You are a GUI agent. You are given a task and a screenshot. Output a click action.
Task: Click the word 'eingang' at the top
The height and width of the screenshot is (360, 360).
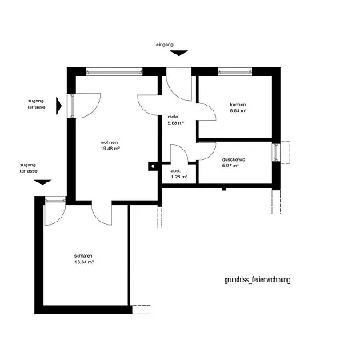click(x=165, y=45)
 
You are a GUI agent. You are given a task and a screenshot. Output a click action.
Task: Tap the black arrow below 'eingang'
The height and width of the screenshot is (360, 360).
click(x=179, y=53)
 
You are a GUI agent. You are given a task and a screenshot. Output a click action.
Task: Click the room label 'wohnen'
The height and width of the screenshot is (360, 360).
click(x=109, y=142)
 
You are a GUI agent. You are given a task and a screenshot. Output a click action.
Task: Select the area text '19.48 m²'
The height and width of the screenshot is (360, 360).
click(x=110, y=149)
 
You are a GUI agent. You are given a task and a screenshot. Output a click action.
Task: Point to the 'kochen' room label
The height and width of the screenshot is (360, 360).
click(x=238, y=105)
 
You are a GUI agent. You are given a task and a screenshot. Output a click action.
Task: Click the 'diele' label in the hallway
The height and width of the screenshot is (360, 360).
click(x=173, y=117)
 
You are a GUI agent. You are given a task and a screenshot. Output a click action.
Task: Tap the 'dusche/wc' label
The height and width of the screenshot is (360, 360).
click(x=234, y=159)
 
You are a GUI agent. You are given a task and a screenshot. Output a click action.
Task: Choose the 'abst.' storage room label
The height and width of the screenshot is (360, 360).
click(x=175, y=170)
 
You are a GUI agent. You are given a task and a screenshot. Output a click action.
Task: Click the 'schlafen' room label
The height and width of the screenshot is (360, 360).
click(x=83, y=256)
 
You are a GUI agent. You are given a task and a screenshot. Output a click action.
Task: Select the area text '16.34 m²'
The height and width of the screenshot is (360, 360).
click(x=84, y=262)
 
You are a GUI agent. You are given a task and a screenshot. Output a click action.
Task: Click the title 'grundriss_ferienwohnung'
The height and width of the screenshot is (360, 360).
click(x=258, y=280)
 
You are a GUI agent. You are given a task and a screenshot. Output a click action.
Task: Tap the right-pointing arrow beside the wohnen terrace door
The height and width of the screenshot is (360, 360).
click(x=58, y=106)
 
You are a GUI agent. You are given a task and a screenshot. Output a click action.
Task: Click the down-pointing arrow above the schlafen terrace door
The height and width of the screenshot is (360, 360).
click(x=42, y=182)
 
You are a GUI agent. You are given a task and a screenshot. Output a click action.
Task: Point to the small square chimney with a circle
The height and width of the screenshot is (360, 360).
click(x=153, y=166)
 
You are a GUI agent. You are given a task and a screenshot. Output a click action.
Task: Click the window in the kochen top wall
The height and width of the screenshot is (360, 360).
click(x=235, y=71)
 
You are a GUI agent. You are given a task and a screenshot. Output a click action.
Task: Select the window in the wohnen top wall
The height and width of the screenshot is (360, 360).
click(x=114, y=71)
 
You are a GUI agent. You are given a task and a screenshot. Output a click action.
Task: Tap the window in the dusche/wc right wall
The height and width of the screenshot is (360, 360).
click(x=276, y=152)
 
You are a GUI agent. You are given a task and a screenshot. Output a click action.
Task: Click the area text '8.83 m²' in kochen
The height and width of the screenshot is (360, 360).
click(x=238, y=110)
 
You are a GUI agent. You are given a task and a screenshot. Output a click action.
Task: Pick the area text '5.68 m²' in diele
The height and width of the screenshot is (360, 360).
click(x=176, y=123)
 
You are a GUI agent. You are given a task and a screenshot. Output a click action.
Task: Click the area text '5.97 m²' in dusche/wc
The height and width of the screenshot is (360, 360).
click(x=230, y=166)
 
